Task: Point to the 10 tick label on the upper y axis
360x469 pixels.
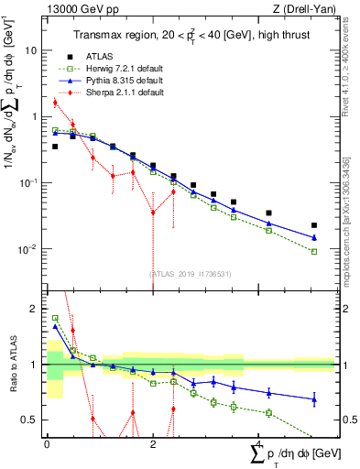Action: (x=32, y=50)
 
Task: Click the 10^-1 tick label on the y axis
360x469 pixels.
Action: (x=29, y=182)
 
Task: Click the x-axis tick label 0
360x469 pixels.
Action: (x=47, y=444)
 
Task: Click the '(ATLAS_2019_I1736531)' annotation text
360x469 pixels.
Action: (x=190, y=272)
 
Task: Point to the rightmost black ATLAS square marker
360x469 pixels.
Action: (x=314, y=225)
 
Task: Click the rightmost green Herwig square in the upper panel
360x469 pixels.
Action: (x=314, y=251)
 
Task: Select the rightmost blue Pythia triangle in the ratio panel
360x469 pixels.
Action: (x=314, y=398)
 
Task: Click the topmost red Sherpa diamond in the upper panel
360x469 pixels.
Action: (x=55, y=103)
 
